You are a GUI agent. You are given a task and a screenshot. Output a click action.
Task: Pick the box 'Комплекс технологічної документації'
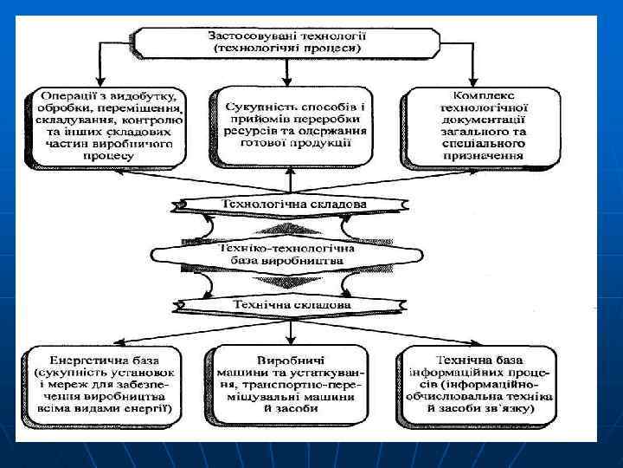tap(474, 125)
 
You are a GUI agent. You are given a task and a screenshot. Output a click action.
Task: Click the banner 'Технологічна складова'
tap(293, 205)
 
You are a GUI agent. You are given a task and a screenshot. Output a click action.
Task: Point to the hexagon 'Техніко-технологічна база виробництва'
tap(293, 254)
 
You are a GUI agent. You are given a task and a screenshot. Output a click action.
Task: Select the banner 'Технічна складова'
tap(293, 305)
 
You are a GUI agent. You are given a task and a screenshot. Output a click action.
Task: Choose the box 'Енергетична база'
tap(106, 387)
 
